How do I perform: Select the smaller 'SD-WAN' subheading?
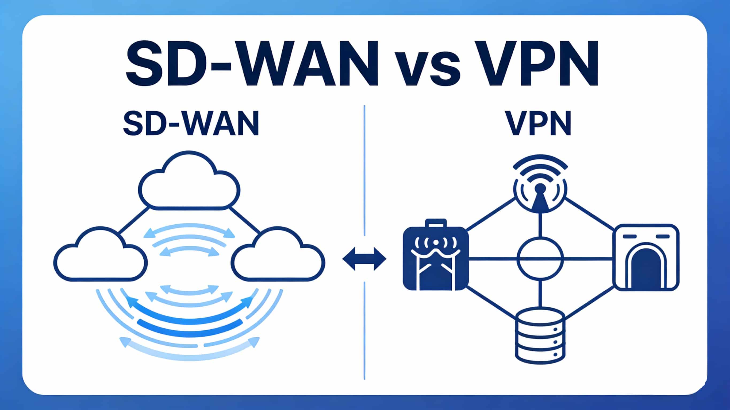click(x=191, y=124)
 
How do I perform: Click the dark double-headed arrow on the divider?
click(x=364, y=259)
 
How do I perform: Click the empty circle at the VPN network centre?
click(x=540, y=259)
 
